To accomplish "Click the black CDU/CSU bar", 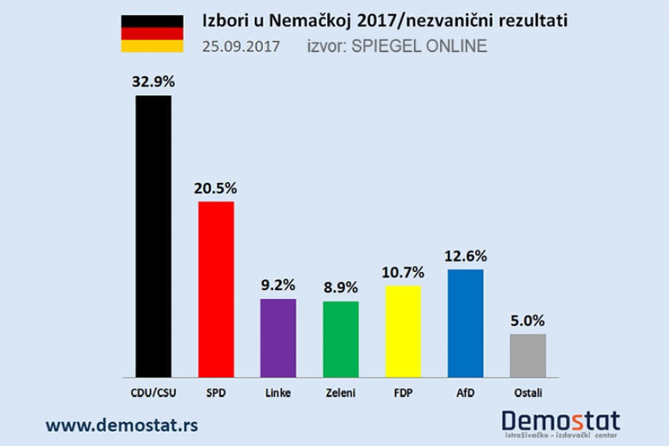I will [x=153, y=236].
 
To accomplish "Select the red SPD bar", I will [x=216, y=289].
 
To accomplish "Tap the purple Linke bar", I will [x=278, y=337].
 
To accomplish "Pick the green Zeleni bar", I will [x=340, y=339].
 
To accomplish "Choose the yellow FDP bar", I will [x=404, y=332].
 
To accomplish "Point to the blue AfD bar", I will [x=466, y=323].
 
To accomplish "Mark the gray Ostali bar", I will [x=529, y=355].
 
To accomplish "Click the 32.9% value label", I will [x=153, y=82].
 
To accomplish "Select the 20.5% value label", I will [x=216, y=188].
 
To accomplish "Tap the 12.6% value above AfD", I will [x=466, y=256].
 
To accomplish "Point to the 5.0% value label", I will [x=529, y=321].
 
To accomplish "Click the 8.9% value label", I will [x=341, y=288].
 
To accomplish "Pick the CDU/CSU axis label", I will [x=152, y=391].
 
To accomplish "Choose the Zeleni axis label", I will [x=340, y=391].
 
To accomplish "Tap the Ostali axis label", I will [x=529, y=391].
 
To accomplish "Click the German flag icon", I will [x=152, y=33].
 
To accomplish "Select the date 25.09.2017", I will [x=241, y=47].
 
